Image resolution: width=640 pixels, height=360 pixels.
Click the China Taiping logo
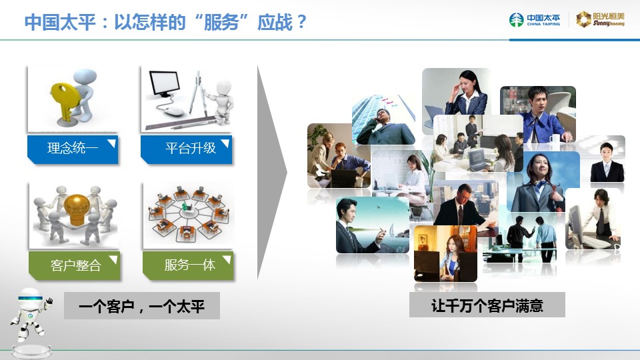tap(535, 19)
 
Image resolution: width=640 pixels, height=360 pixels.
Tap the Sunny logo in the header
tap(600, 19)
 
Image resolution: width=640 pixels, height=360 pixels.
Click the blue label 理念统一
tap(73, 149)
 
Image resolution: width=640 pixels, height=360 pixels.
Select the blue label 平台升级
tap(187, 149)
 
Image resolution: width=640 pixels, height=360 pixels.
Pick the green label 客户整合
tap(74, 266)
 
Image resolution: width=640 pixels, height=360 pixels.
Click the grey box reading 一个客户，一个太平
tap(142, 306)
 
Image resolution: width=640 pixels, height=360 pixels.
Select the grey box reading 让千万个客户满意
tap(487, 305)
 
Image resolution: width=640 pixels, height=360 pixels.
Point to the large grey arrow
tap(272, 172)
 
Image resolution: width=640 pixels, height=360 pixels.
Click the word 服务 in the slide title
tap(221, 23)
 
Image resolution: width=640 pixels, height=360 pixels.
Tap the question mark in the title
tap(302, 21)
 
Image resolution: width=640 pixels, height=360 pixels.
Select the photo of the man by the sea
tap(372, 225)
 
